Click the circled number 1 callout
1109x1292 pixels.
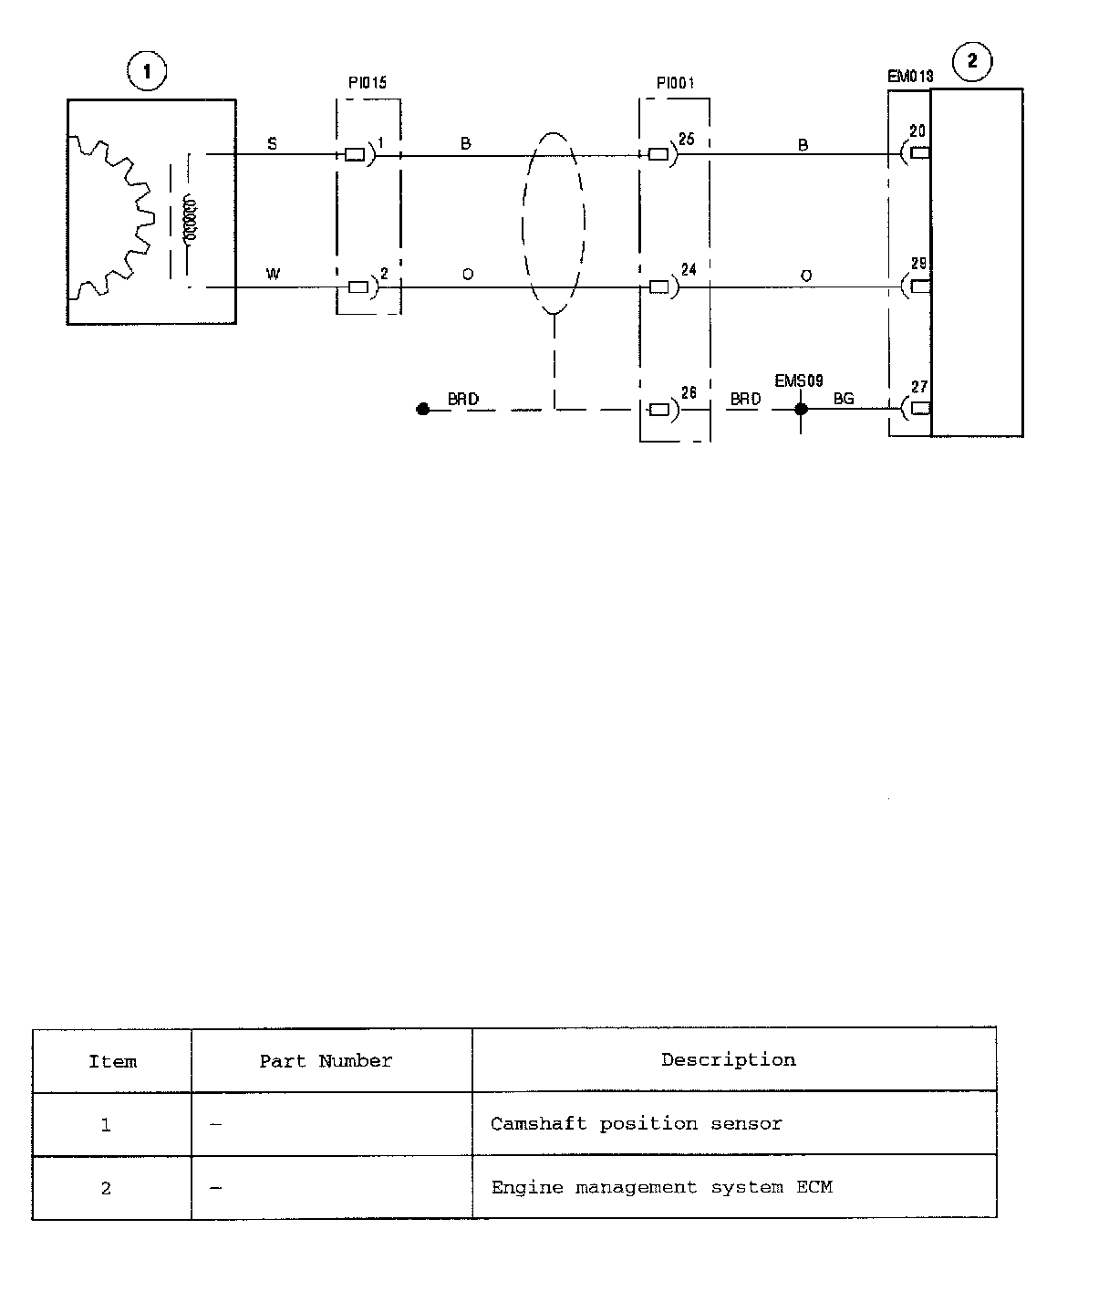pyautogui.click(x=147, y=71)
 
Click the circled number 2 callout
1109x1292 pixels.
pyautogui.click(x=972, y=61)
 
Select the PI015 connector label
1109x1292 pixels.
pyautogui.click(x=368, y=83)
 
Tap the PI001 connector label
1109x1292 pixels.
pyautogui.click(x=675, y=83)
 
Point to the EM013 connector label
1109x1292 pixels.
pyautogui.click(x=910, y=77)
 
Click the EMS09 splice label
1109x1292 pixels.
pyautogui.click(x=798, y=380)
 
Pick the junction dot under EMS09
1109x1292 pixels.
pyautogui.click(x=801, y=409)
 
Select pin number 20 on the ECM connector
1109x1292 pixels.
pyautogui.click(x=917, y=131)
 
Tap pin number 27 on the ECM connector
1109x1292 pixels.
pyautogui.click(x=918, y=387)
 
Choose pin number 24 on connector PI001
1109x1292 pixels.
pyautogui.click(x=689, y=269)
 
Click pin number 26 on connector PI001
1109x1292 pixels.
pyautogui.click(x=689, y=392)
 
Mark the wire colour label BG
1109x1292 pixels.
pyautogui.click(x=844, y=399)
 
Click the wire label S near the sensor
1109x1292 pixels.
pyautogui.click(x=273, y=143)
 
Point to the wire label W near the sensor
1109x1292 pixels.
pyautogui.click(x=273, y=274)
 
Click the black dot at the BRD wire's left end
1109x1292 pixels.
pyautogui.click(x=422, y=410)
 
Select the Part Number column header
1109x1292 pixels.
pyautogui.click(x=326, y=1061)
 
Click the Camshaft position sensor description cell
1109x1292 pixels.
pyautogui.click(x=636, y=1123)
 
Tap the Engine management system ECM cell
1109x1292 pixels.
pyautogui.click(x=661, y=1187)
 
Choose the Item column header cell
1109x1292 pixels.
pyautogui.click(x=112, y=1061)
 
